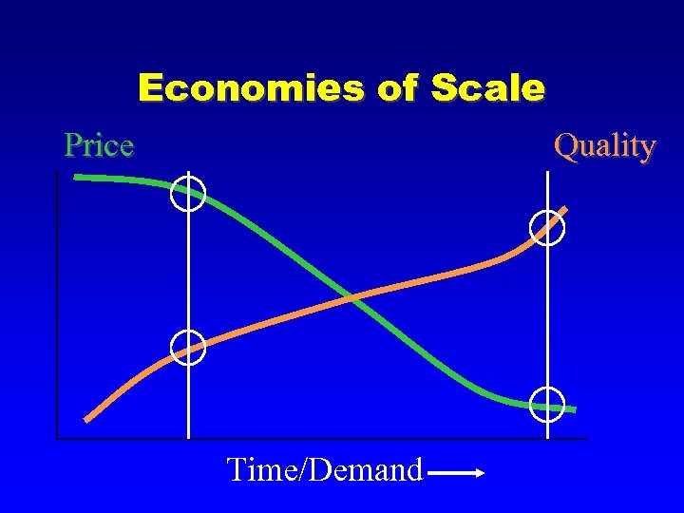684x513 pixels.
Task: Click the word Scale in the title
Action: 487,88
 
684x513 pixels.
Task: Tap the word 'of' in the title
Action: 397,88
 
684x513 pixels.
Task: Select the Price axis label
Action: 99,145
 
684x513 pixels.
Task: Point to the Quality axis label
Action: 605,145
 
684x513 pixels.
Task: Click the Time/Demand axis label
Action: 324,469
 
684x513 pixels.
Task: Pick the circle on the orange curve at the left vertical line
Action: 188,348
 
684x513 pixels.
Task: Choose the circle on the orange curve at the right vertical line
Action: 548,228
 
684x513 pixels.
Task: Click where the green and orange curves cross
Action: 351,298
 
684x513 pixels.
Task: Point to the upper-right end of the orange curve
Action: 566,208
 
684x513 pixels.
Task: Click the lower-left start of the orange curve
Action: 87,419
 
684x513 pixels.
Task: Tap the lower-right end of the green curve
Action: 574,409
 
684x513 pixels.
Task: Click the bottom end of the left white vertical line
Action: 188,437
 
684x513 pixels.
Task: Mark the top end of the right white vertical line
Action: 548,173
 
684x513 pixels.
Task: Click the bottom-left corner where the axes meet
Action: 57,438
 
